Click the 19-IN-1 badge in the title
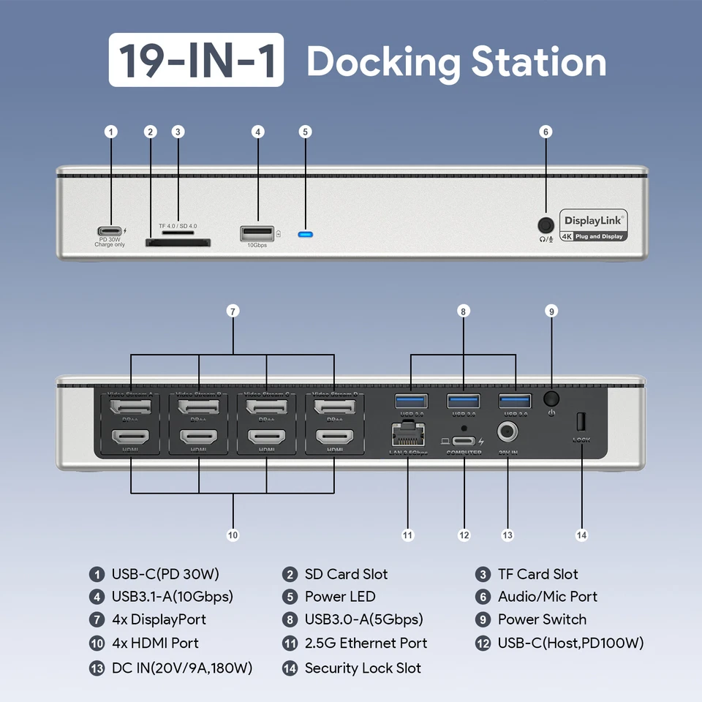196,61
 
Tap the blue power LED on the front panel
306,235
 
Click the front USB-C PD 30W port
110,232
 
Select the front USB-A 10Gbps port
257,233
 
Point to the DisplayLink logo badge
594,226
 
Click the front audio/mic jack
545,224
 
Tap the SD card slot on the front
178,242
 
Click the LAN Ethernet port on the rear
408,436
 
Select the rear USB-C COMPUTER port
464,441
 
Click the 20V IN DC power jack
507,434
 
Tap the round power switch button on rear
552,399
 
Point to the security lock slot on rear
581,422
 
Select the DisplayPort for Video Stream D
334,406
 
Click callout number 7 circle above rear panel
233,312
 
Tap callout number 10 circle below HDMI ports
233,535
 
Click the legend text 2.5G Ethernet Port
366,643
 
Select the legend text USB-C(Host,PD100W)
570,643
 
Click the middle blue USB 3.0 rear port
464,401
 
